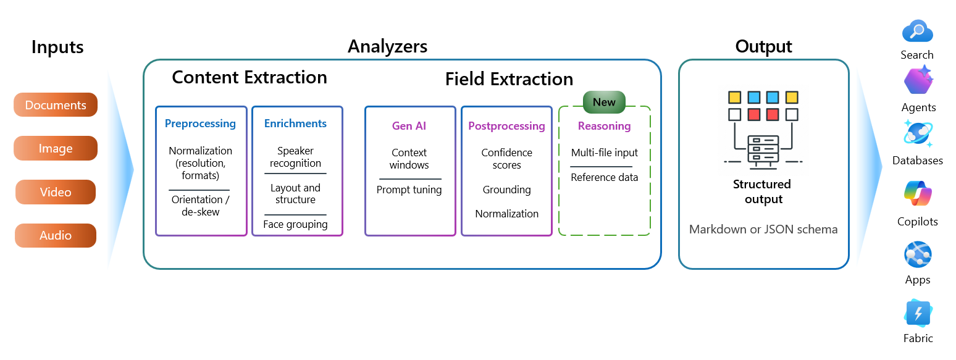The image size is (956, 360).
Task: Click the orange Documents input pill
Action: [x=56, y=105]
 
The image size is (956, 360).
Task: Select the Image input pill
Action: [x=56, y=148]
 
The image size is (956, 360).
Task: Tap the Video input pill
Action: [x=56, y=192]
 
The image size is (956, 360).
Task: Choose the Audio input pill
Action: [x=56, y=235]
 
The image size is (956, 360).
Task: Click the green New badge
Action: [x=604, y=103]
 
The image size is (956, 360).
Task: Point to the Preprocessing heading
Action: [x=200, y=123]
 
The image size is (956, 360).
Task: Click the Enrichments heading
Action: [x=295, y=123]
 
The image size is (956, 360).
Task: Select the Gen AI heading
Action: [x=409, y=126]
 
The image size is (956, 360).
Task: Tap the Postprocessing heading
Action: [x=506, y=126]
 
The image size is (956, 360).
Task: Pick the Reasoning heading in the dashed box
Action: [x=605, y=126]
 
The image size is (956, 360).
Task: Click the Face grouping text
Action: [x=295, y=224]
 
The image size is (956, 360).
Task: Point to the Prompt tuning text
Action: [x=409, y=190]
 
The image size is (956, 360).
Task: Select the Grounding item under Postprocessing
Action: [x=506, y=190]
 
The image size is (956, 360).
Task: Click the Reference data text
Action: [x=605, y=177]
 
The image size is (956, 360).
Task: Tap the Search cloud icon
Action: [x=918, y=31]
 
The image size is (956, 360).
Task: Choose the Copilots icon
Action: [x=918, y=194]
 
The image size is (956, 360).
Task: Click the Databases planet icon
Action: [x=918, y=134]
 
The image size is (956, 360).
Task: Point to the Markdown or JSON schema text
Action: [x=763, y=230]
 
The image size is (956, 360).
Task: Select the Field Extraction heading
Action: [x=509, y=79]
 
